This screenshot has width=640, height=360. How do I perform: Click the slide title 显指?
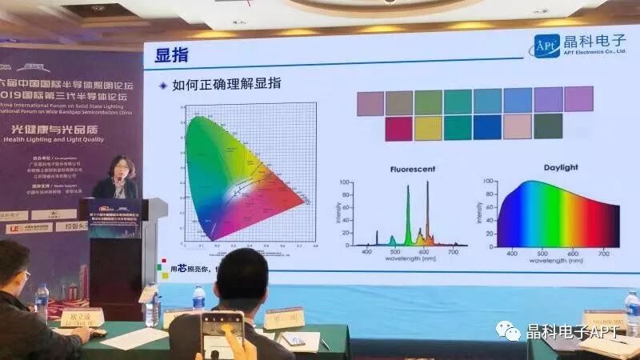point(170,54)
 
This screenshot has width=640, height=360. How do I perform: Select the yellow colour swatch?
point(428,128)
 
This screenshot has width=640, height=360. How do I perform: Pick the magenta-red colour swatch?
point(398,128)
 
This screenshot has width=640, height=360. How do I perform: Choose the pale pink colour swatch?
point(518,126)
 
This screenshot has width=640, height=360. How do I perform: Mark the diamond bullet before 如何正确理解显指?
point(163,85)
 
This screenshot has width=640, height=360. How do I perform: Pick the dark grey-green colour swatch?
point(548,126)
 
